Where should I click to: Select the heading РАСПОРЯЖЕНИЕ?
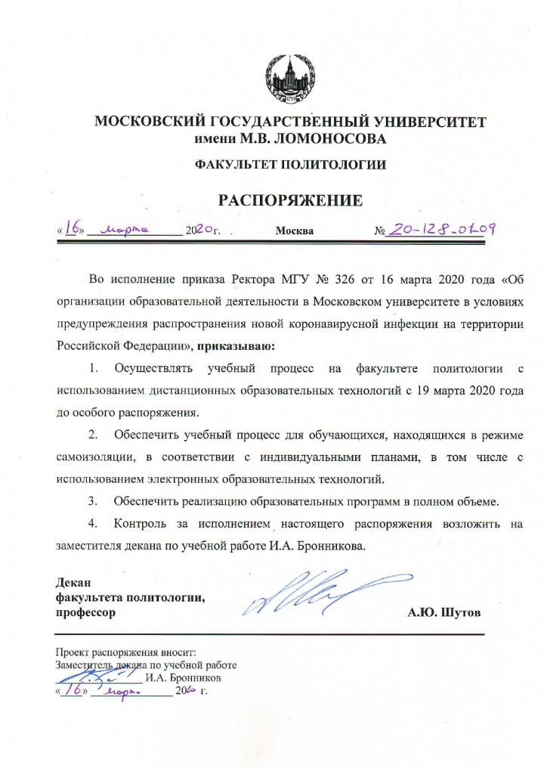(x=291, y=200)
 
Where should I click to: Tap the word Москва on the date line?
(x=295, y=231)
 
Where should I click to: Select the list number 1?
(x=94, y=369)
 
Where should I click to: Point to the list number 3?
(x=94, y=500)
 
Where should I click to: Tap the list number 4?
(x=94, y=523)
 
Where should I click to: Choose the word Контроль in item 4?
(x=141, y=523)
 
